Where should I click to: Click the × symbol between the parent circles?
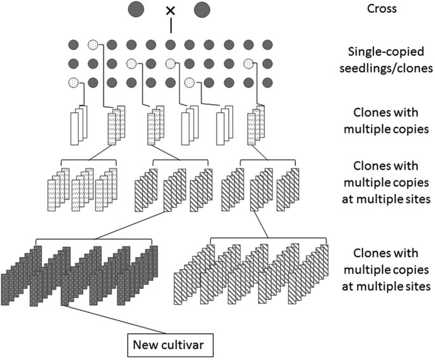[x=170, y=10]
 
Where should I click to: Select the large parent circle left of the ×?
[x=135, y=10]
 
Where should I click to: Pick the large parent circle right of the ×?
[x=203, y=10]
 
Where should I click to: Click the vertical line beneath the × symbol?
[x=170, y=26]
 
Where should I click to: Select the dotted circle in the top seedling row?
[x=93, y=45]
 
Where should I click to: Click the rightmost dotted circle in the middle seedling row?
[x=249, y=63]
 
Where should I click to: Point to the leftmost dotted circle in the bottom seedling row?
[x=74, y=83]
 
